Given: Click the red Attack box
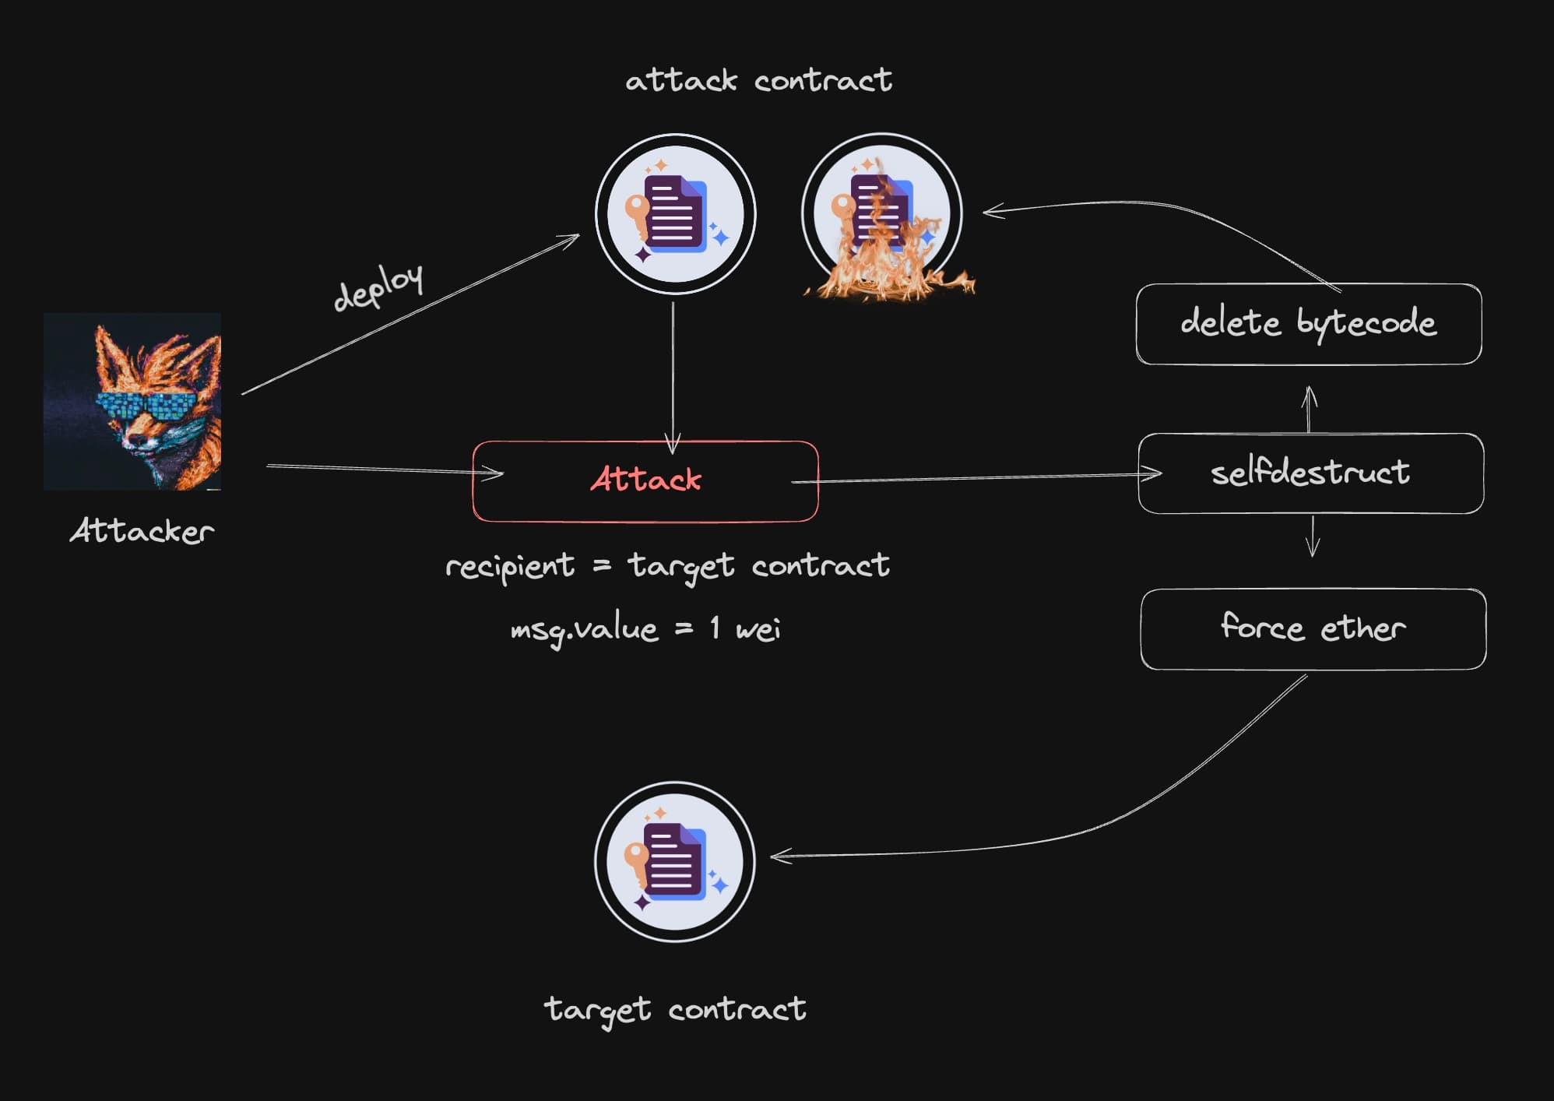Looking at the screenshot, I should [645, 480].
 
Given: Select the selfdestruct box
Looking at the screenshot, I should [1310, 473].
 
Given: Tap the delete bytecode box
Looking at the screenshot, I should [1308, 323].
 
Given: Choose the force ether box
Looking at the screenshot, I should [1313, 628].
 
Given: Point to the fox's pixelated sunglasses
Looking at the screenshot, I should [146, 406].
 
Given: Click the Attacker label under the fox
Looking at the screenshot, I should [142, 531].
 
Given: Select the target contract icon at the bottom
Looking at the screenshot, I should [674, 861].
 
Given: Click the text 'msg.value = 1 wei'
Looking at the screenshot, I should [645, 628].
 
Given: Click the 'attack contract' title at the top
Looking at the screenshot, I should [758, 80].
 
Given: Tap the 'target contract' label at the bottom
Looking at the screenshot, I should [674, 1009].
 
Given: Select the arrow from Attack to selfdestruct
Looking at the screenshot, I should [973, 477].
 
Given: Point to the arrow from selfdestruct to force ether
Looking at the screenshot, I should [1313, 536].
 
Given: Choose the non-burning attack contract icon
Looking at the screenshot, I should [675, 214].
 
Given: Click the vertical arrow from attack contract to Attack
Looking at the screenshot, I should [673, 374].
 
